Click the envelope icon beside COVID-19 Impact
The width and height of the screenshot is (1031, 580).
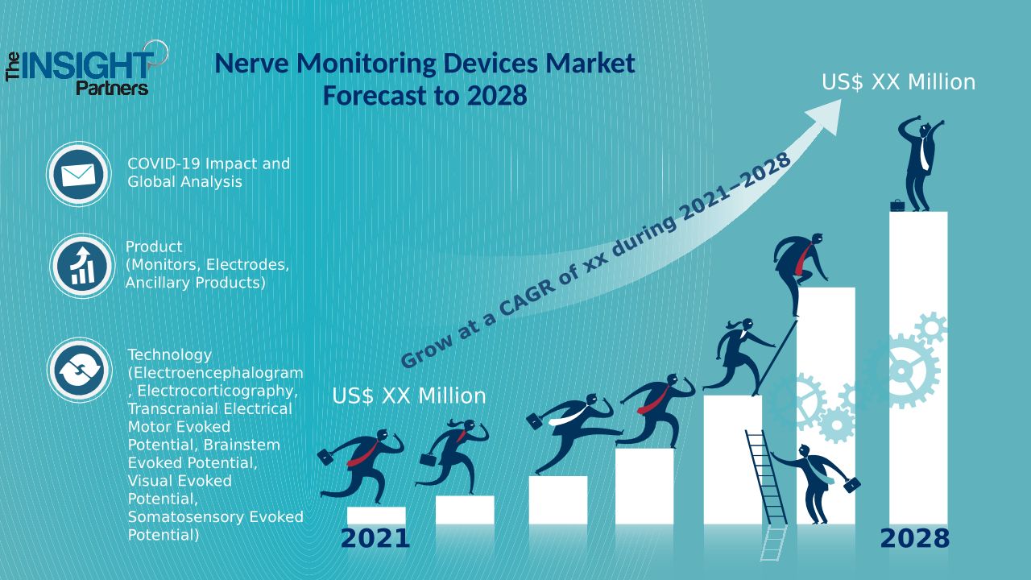tap(78, 173)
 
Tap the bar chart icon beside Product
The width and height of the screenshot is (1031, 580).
tap(81, 266)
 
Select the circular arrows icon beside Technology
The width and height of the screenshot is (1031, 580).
tap(79, 371)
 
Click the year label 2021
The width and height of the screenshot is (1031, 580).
tap(375, 539)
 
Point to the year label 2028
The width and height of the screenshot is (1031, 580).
tap(914, 539)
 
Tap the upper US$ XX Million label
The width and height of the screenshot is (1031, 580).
tap(898, 82)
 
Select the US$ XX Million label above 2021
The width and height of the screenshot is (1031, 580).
tap(408, 396)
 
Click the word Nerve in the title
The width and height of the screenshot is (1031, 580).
tap(254, 63)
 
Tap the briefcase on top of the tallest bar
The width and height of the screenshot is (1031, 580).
tap(897, 205)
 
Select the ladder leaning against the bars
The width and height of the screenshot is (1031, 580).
tap(767, 483)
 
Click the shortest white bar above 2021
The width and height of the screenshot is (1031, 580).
tap(376, 516)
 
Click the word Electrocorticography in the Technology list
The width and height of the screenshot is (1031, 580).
tap(217, 391)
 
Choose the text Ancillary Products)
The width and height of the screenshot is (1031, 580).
tap(195, 283)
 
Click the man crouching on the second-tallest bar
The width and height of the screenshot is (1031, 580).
tap(801, 266)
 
